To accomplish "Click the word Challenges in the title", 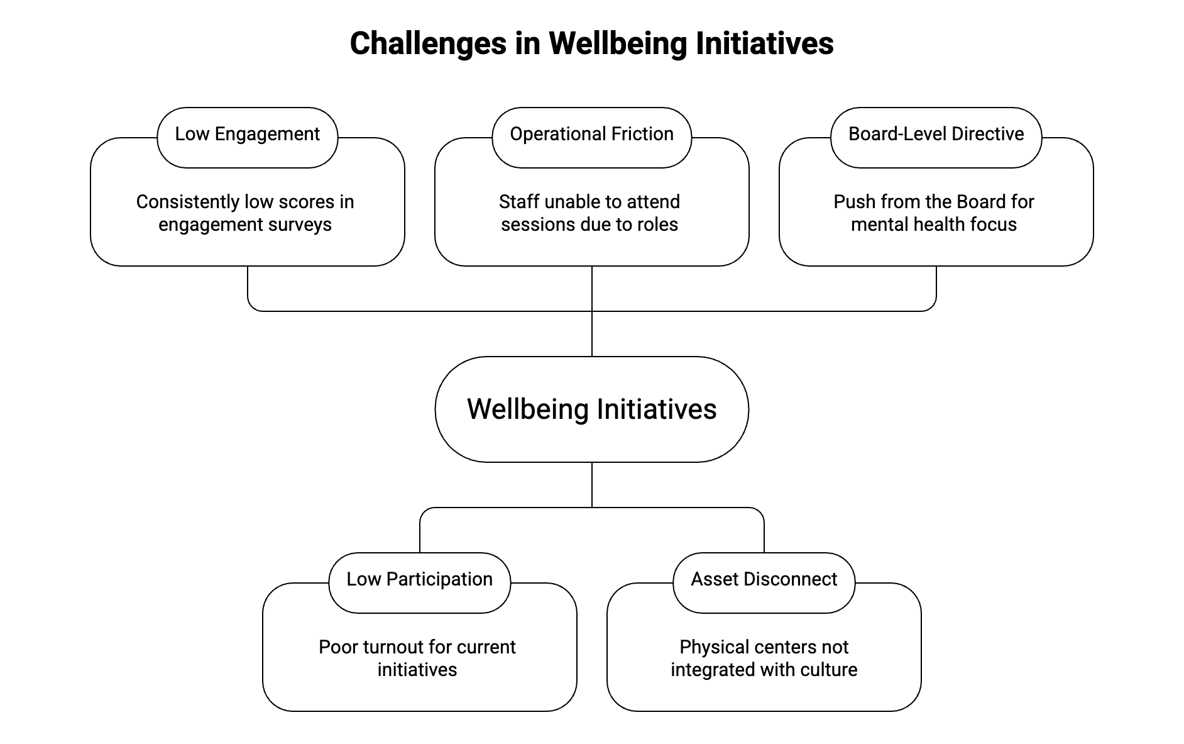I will [428, 44].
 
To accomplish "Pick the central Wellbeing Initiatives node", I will [591, 409].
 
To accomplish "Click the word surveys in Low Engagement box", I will [299, 225].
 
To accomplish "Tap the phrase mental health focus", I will [933, 225].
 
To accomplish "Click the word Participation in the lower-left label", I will [439, 580].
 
